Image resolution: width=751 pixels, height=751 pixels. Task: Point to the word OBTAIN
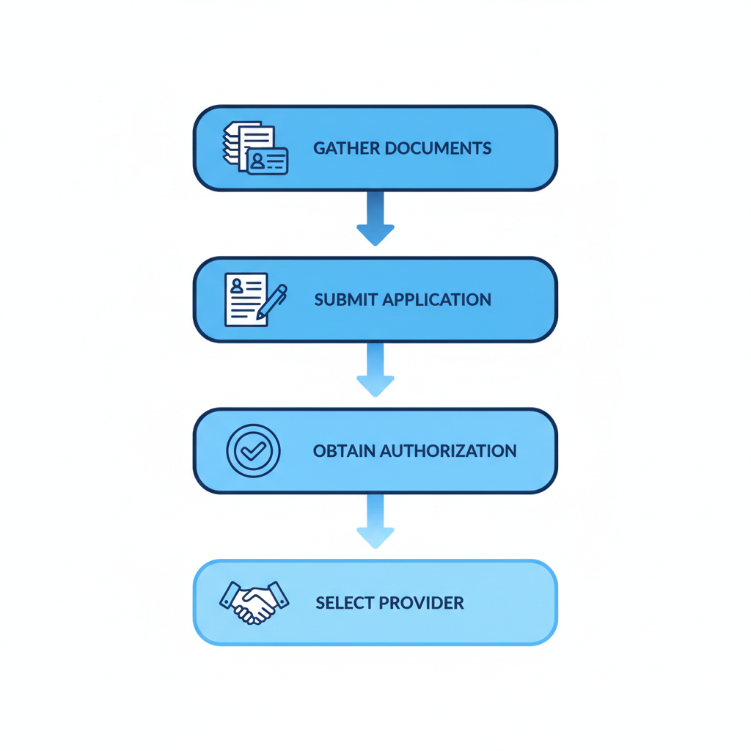[344, 451]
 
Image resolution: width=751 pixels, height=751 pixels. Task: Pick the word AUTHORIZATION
[448, 451]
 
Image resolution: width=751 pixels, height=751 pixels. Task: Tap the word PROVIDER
[428, 604]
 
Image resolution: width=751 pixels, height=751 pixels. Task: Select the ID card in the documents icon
[268, 161]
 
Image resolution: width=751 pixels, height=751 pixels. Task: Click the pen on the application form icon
[272, 301]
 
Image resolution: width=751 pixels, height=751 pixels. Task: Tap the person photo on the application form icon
[236, 286]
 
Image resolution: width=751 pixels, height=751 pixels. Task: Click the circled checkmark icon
[253, 451]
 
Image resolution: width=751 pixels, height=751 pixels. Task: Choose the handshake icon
[254, 602]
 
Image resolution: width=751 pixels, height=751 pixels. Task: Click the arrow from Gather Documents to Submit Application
[375, 218]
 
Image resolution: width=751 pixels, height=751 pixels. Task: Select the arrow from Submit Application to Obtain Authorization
[375, 369]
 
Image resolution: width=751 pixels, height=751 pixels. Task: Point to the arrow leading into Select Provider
[375, 521]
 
